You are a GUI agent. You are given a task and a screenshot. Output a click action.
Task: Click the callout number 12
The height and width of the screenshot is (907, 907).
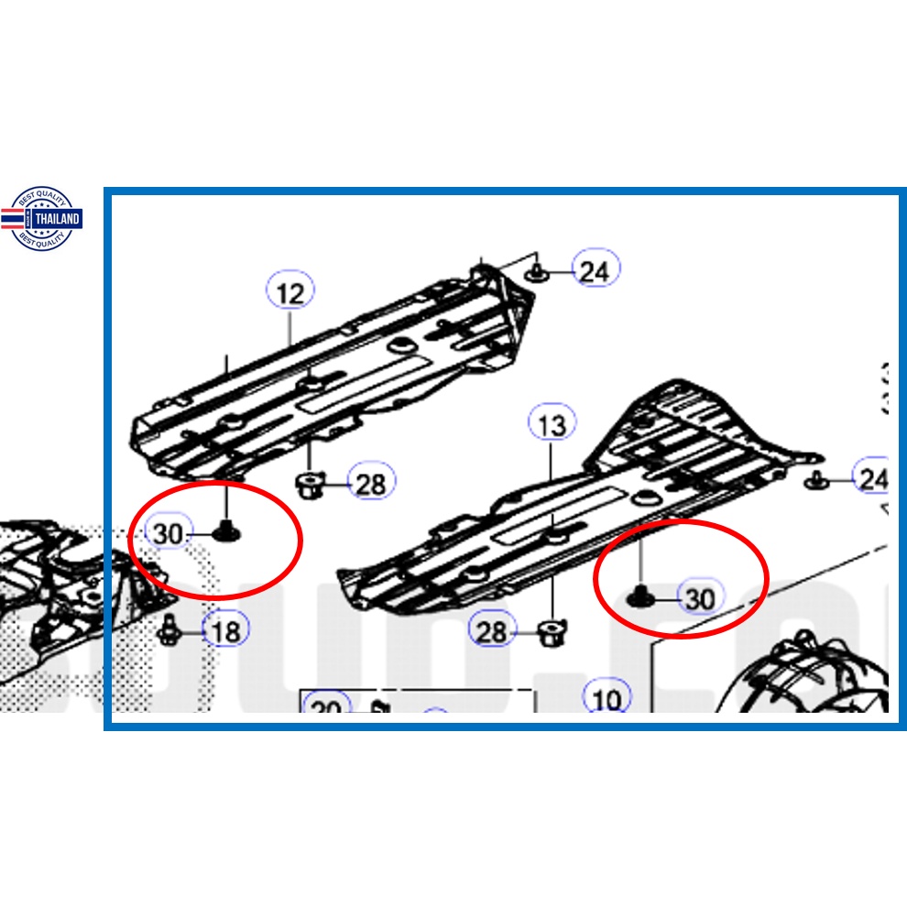tap(290, 293)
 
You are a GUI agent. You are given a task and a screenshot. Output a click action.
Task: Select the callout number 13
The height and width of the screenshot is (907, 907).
tap(552, 425)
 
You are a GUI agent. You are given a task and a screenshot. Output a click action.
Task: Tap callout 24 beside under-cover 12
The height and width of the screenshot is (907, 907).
tap(596, 270)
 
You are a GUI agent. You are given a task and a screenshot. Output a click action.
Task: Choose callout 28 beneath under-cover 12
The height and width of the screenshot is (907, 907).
tap(370, 483)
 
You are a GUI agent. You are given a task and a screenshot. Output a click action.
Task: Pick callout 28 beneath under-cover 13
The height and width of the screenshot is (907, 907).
tap(492, 630)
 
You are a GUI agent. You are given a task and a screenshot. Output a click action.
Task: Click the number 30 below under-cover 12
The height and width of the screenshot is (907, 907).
tap(169, 533)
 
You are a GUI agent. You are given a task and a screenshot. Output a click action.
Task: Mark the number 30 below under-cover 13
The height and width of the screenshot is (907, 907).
tap(700, 598)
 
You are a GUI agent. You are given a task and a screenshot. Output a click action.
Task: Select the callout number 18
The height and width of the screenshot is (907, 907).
tap(224, 630)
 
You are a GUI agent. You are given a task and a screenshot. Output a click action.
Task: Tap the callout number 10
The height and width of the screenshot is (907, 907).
tap(606, 700)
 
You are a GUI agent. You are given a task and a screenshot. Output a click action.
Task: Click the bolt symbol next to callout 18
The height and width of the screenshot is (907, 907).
tap(169, 628)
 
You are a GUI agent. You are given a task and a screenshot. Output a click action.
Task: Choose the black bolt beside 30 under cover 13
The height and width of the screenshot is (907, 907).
tap(639, 598)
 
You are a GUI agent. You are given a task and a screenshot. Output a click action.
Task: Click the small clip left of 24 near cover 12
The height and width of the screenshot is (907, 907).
tap(536, 272)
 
